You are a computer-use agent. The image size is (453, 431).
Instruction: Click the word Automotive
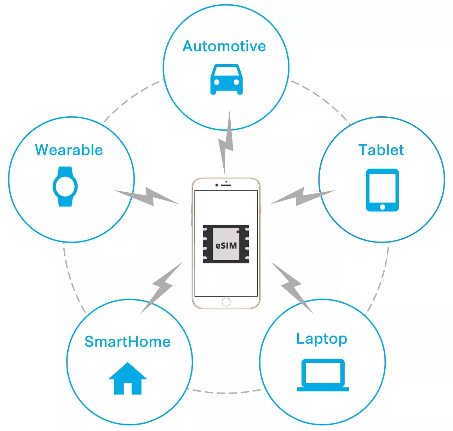224,46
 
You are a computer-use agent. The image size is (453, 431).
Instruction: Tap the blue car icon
226,80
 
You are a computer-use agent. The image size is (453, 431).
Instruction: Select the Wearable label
69,150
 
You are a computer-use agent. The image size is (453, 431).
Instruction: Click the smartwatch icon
65,186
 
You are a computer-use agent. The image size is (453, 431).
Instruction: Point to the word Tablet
381,150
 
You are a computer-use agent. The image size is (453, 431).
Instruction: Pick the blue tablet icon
382,190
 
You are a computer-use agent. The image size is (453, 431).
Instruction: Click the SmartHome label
127,342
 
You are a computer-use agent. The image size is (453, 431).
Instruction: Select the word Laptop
322,339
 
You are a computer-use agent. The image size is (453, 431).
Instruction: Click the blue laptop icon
323,375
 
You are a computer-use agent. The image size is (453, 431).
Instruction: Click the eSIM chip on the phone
226,244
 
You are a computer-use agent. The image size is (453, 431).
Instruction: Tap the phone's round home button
226,302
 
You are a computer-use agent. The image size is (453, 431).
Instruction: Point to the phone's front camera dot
217,185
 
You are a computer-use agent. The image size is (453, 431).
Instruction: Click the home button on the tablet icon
382,207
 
